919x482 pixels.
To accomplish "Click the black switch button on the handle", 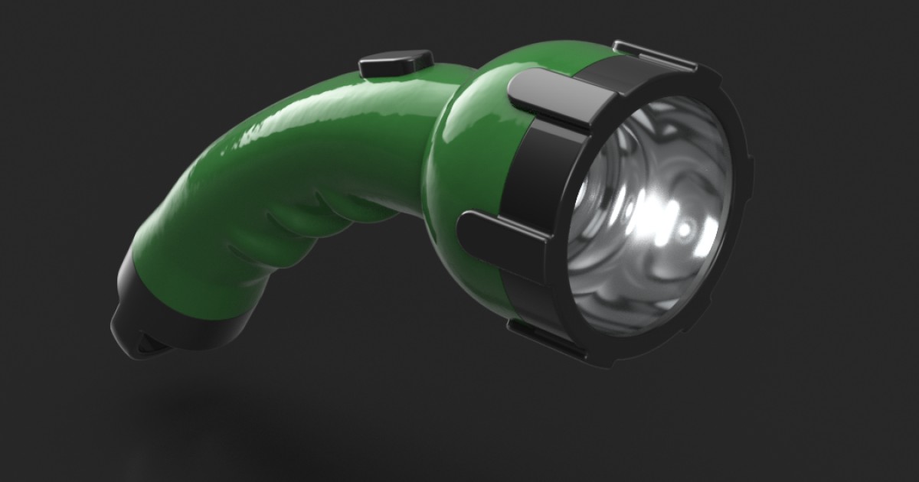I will pyautogui.click(x=395, y=64).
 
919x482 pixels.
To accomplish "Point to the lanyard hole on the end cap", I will pyautogui.click(x=146, y=347).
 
